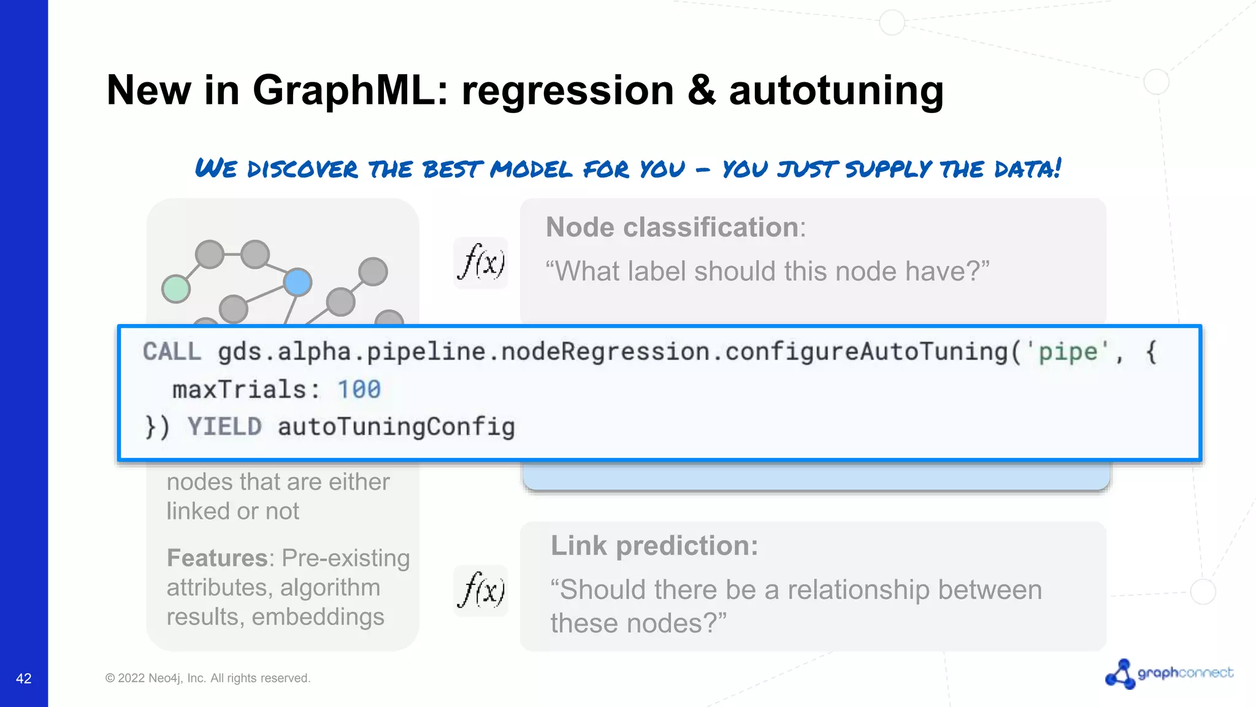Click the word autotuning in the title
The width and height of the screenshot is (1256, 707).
point(836,90)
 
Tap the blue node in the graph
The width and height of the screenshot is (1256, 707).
point(298,282)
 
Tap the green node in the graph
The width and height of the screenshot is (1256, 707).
point(176,288)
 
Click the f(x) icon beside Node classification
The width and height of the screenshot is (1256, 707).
point(481,263)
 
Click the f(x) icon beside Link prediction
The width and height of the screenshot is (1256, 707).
point(481,590)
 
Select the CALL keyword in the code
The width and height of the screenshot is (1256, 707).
point(172,352)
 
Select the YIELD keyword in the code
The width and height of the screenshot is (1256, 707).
point(224,427)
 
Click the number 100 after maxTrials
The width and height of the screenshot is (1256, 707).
point(359,390)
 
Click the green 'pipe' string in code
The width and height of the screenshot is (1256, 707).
point(1068,352)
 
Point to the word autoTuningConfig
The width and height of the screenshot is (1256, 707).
point(396,427)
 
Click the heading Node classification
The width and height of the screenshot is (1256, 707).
point(672,228)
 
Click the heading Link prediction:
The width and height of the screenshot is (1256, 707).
point(654,546)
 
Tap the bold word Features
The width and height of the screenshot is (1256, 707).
point(216,558)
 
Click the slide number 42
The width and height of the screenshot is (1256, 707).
point(23,679)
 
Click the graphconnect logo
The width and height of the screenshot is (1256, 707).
point(1169,673)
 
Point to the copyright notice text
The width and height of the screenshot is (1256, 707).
point(208,678)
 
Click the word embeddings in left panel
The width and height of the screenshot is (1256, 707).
point(318,617)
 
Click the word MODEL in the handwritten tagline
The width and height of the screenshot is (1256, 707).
point(531,169)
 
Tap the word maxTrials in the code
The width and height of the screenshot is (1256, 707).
point(239,390)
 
